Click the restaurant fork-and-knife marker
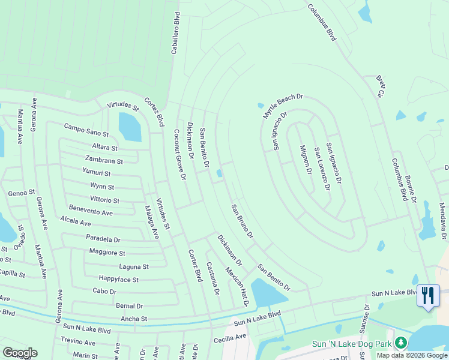coord(427,296)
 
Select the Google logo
coord(20,353)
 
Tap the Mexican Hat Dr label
coord(237,287)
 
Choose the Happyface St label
coord(119,280)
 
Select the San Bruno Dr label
coord(243,221)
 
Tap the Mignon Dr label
coord(306,159)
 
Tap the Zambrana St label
coord(104,161)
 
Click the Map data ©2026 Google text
coord(411,355)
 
